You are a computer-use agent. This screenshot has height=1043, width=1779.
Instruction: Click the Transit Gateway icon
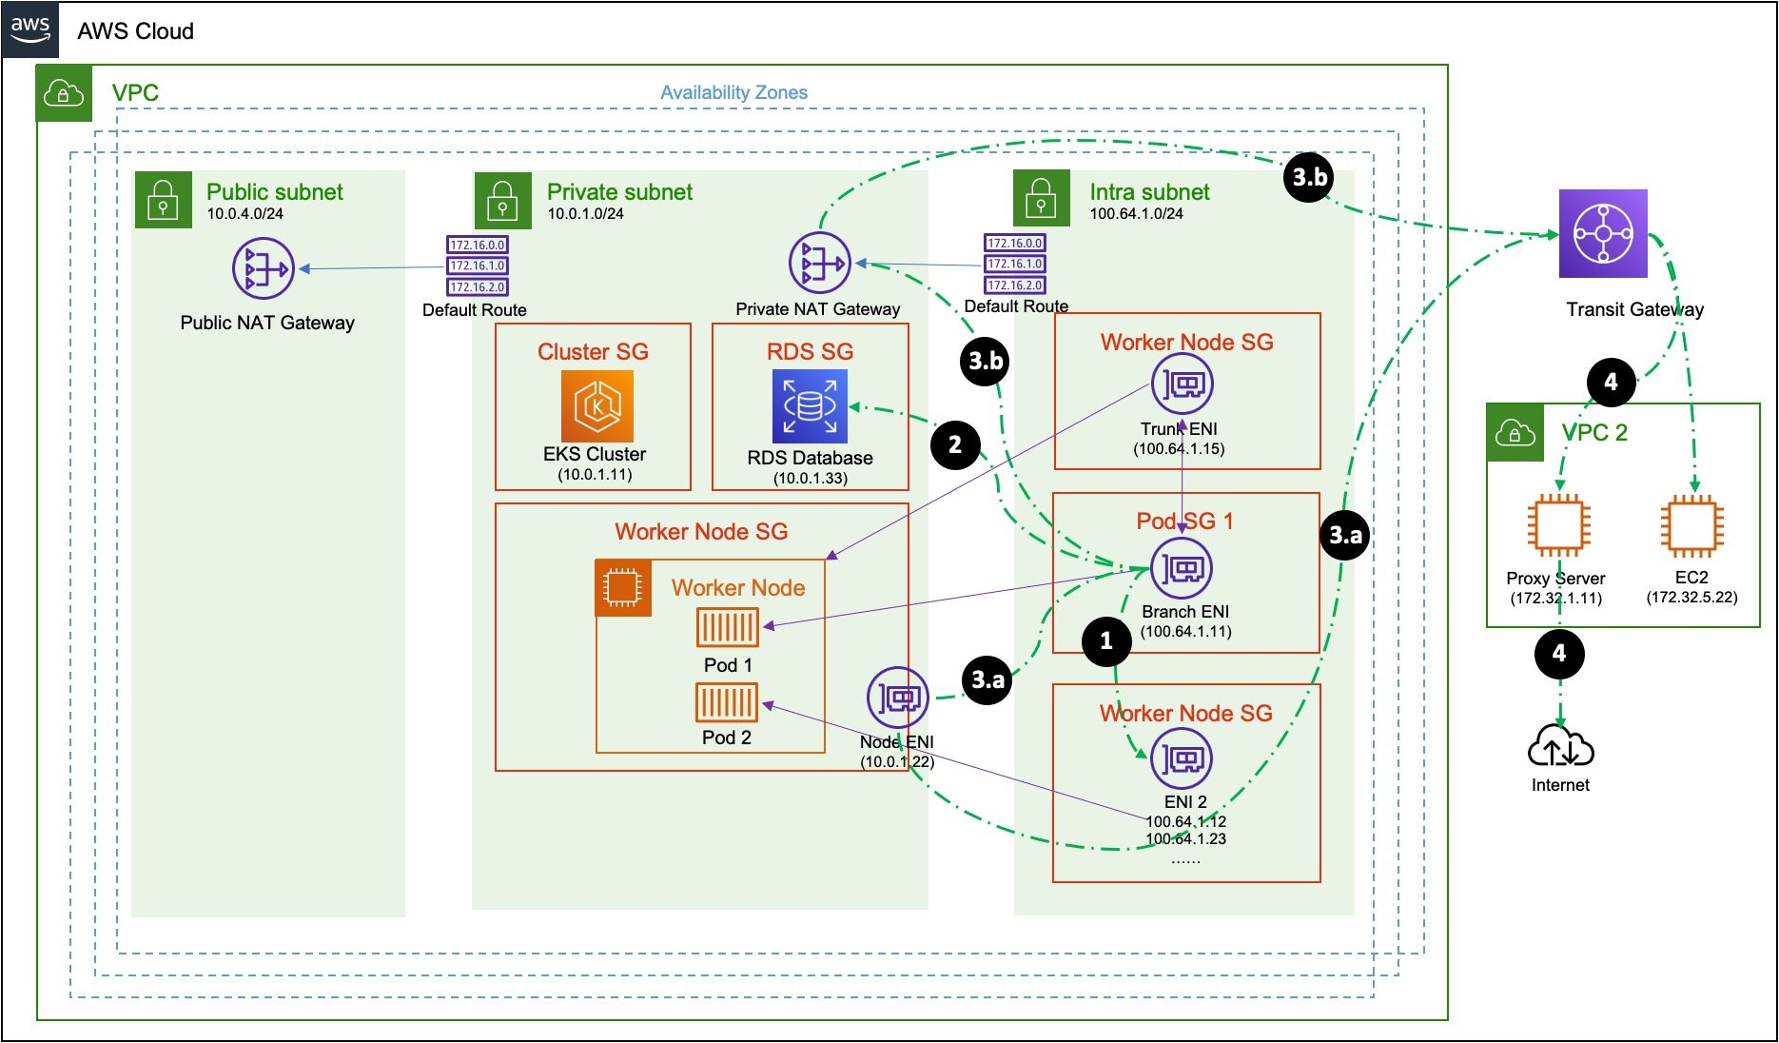click(1603, 234)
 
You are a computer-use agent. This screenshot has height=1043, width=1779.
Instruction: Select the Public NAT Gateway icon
click(263, 268)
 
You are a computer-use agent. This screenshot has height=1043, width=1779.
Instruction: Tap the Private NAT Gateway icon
click(819, 263)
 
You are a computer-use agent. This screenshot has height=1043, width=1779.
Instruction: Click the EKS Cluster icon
click(596, 406)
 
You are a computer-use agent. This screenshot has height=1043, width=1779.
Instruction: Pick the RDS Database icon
click(810, 406)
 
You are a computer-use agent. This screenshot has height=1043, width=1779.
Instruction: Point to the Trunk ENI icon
click(1182, 384)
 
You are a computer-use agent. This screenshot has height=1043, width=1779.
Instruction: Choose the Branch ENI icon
click(1182, 568)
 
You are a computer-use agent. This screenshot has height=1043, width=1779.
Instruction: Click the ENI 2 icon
click(1182, 758)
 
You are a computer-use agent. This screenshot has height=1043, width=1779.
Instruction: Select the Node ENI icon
click(897, 699)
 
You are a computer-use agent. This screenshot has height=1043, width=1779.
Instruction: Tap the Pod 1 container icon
click(728, 628)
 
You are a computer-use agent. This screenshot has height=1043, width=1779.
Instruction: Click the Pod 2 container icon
click(727, 703)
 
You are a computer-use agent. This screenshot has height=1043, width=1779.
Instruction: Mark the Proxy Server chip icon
click(1558, 525)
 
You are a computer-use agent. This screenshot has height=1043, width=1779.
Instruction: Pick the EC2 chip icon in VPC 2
click(1691, 525)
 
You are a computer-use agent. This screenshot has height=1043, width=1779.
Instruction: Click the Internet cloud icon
click(1560, 747)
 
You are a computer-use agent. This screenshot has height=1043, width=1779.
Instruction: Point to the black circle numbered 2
click(955, 444)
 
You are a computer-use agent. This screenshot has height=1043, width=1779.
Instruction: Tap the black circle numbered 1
click(1106, 640)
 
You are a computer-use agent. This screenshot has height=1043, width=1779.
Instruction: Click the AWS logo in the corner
click(30, 30)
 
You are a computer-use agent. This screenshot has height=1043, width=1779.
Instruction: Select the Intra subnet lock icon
click(1041, 199)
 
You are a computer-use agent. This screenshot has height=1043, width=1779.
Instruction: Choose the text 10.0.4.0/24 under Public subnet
click(245, 214)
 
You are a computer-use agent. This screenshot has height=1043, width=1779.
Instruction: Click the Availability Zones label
click(733, 92)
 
